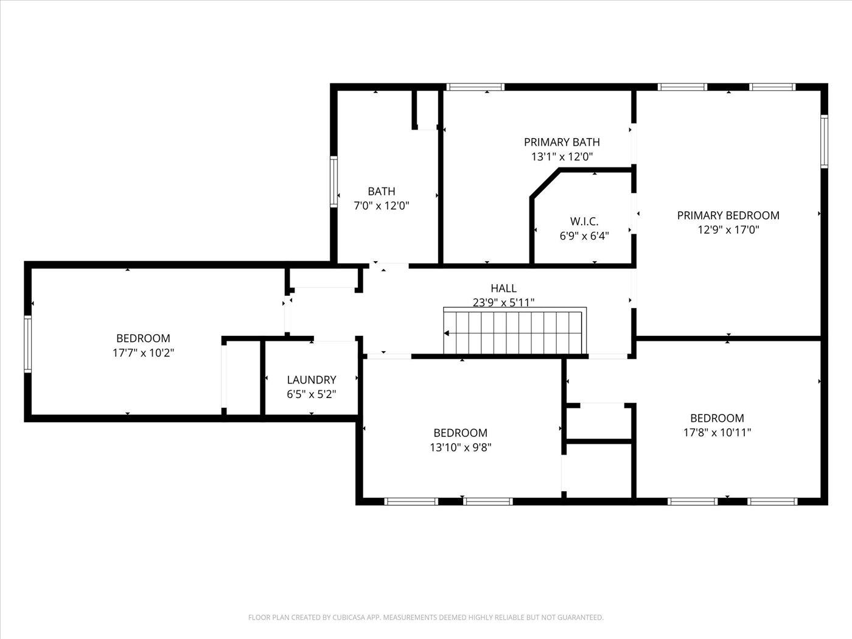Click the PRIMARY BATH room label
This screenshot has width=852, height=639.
point(562,142)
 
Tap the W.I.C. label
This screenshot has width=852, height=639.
point(584,222)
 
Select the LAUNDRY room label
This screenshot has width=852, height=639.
point(312,380)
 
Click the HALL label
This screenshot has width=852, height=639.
point(503,288)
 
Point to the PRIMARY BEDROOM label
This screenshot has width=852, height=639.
point(728,215)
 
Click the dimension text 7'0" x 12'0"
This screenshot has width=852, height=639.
point(381,206)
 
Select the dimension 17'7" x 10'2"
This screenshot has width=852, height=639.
point(143,353)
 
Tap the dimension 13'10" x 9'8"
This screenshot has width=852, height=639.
point(460,447)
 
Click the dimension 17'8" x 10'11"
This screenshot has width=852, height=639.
point(717,433)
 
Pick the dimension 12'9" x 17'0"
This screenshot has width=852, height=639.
point(728,230)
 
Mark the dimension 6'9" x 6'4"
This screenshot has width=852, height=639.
point(584,236)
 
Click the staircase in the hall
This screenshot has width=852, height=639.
point(515,331)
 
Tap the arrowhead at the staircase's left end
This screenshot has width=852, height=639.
point(446,333)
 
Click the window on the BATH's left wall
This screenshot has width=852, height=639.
point(333,181)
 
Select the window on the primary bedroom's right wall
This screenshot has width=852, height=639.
point(824,142)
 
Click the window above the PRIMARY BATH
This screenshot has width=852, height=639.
point(475,87)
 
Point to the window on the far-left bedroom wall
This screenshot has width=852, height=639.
point(27,344)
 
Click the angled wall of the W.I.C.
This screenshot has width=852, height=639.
point(545,184)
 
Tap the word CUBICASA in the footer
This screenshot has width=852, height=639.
point(349,617)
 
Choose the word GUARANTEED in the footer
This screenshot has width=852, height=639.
point(581,617)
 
